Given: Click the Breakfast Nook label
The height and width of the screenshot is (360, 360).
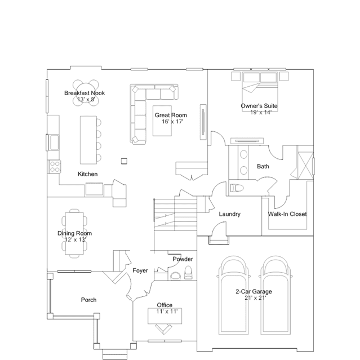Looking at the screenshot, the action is coord(85,93).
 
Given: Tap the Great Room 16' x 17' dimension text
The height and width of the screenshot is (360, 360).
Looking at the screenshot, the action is coord(172,122).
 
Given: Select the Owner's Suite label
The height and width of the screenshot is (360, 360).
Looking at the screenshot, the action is coord(259,106).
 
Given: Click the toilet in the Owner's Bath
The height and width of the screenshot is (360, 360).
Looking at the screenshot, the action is coord(237,188).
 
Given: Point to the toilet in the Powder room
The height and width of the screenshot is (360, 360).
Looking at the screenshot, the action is coord(188,273).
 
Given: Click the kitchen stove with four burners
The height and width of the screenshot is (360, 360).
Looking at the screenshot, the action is coord(55,166).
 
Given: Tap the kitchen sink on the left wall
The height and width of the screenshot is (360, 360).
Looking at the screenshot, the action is coord(55,143).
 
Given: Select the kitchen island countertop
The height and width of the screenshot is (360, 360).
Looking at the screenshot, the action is coord(88,140).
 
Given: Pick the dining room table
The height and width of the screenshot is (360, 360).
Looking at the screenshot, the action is coord(74,233).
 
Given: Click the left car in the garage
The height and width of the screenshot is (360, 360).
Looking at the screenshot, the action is coord(234,295).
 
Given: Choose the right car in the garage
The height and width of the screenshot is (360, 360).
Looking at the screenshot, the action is coord(275,295).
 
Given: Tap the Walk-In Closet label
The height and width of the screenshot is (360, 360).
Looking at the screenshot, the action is coord(287,214).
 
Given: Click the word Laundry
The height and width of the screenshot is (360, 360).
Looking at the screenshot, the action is coord(230,214).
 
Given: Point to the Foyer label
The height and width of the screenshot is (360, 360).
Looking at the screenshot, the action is coord(140,270).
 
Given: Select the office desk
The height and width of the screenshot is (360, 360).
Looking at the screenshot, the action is coord(165,316).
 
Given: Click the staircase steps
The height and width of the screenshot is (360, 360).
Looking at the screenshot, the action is coord(175,214).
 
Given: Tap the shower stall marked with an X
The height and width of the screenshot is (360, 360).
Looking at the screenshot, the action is coord(305,166).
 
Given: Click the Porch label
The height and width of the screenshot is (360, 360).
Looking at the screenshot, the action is coord(88,300).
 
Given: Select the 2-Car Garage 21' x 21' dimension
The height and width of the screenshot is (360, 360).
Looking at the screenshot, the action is coord(255,298).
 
